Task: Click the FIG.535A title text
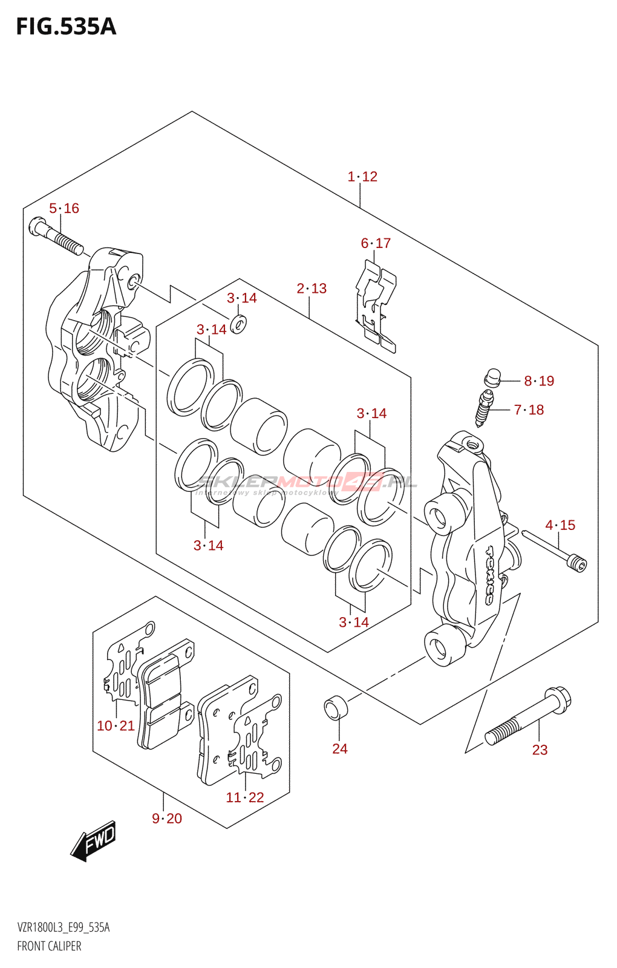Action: [66, 27]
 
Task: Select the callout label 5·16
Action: [64, 209]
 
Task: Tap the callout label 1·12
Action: [362, 177]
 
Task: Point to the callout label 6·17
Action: [376, 243]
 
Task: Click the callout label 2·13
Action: [312, 289]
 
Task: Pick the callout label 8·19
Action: [539, 381]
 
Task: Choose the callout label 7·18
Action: [529, 410]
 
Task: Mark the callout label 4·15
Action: [560, 525]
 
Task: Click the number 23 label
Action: [540, 750]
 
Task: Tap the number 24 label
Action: [340, 749]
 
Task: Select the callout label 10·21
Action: [116, 726]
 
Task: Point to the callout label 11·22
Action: [245, 798]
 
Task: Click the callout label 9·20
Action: [167, 819]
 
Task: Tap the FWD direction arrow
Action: [93, 841]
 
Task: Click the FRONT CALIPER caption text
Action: [49, 946]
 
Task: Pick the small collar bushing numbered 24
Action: [336, 708]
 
